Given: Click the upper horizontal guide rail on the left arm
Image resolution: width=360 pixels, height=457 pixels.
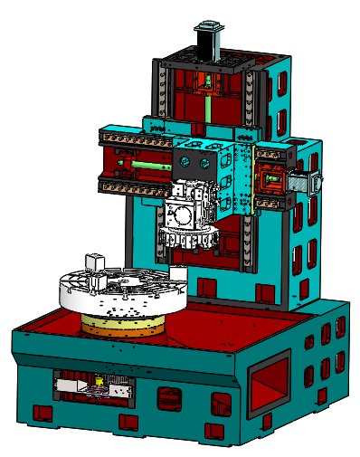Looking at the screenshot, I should point(134,138).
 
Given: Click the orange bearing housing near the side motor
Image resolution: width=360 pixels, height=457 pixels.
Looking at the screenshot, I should point(272,181).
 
